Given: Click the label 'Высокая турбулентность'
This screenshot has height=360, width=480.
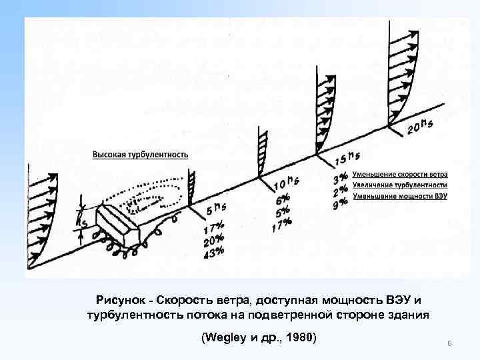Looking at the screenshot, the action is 140,154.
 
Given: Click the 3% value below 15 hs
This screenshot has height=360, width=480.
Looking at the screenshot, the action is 340,177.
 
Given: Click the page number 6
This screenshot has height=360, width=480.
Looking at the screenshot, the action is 450,343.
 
